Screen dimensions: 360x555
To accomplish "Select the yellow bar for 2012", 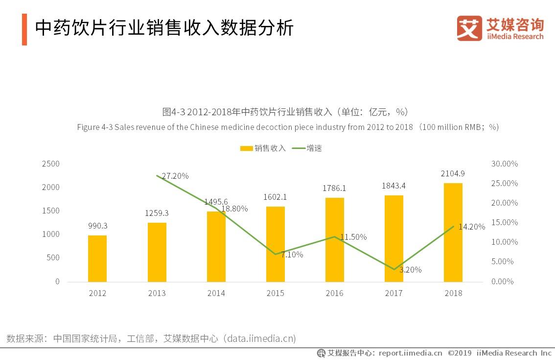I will (x=97, y=258).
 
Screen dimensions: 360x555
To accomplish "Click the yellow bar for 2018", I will (x=453, y=233).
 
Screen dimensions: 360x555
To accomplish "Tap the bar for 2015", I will (x=275, y=244).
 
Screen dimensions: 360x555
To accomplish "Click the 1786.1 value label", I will (x=334, y=188).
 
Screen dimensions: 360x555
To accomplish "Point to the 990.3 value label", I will (x=97, y=226).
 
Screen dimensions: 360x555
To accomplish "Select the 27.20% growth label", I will (x=175, y=176).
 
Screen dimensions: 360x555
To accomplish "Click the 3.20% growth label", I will (x=410, y=270).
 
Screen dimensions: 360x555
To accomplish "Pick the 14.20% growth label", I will (x=471, y=227).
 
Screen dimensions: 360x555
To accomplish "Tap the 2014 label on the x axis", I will (x=216, y=293).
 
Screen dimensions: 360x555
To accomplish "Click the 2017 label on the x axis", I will (x=393, y=293).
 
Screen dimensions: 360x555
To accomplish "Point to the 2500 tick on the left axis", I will (x=51, y=164).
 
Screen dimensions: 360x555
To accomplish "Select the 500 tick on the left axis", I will (x=53, y=258).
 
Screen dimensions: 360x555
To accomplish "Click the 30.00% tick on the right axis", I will (x=504, y=164).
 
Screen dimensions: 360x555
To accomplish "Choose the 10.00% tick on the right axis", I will (x=504, y=242).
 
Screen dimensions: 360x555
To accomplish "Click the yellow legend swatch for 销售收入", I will (x=246, y=148).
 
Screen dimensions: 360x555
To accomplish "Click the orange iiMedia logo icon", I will (x=469, y=28).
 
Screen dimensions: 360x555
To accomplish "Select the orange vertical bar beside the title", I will (x=24, y=29).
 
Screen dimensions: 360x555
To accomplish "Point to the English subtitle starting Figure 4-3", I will (x=287, y=127).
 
